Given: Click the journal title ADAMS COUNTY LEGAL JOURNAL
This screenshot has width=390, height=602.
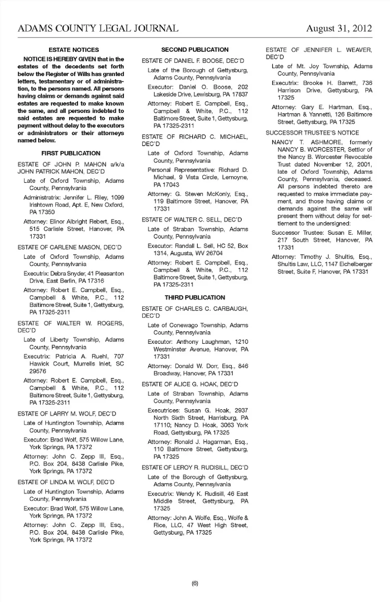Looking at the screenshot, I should coord(98,28).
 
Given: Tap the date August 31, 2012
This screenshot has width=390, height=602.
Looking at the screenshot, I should coord(339,28).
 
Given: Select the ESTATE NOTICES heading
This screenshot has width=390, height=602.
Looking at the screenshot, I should coord(74,50).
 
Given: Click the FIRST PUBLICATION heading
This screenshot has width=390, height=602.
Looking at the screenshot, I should coord(71,153).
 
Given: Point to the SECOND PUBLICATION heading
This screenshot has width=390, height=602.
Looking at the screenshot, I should coord(195,50).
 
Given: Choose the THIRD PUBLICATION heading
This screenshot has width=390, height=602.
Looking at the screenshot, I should coord(195,298).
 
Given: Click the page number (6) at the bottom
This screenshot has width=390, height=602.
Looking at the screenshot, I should coord(195,583).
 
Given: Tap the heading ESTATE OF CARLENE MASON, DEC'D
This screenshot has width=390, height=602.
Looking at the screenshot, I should coord(69,247).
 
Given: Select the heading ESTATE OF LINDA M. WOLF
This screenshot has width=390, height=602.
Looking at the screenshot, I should coord(66,482).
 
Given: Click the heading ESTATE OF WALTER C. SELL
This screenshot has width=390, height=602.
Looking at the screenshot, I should coord(192,220).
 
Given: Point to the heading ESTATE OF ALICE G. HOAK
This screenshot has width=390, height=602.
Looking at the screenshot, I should coord(190,384).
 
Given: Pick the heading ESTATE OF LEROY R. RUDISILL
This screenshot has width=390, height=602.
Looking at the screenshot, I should coord(195,468).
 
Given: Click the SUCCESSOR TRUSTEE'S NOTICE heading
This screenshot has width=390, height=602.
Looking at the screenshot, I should coord(312,133).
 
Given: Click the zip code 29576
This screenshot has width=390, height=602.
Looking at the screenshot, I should coord(38,371).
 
